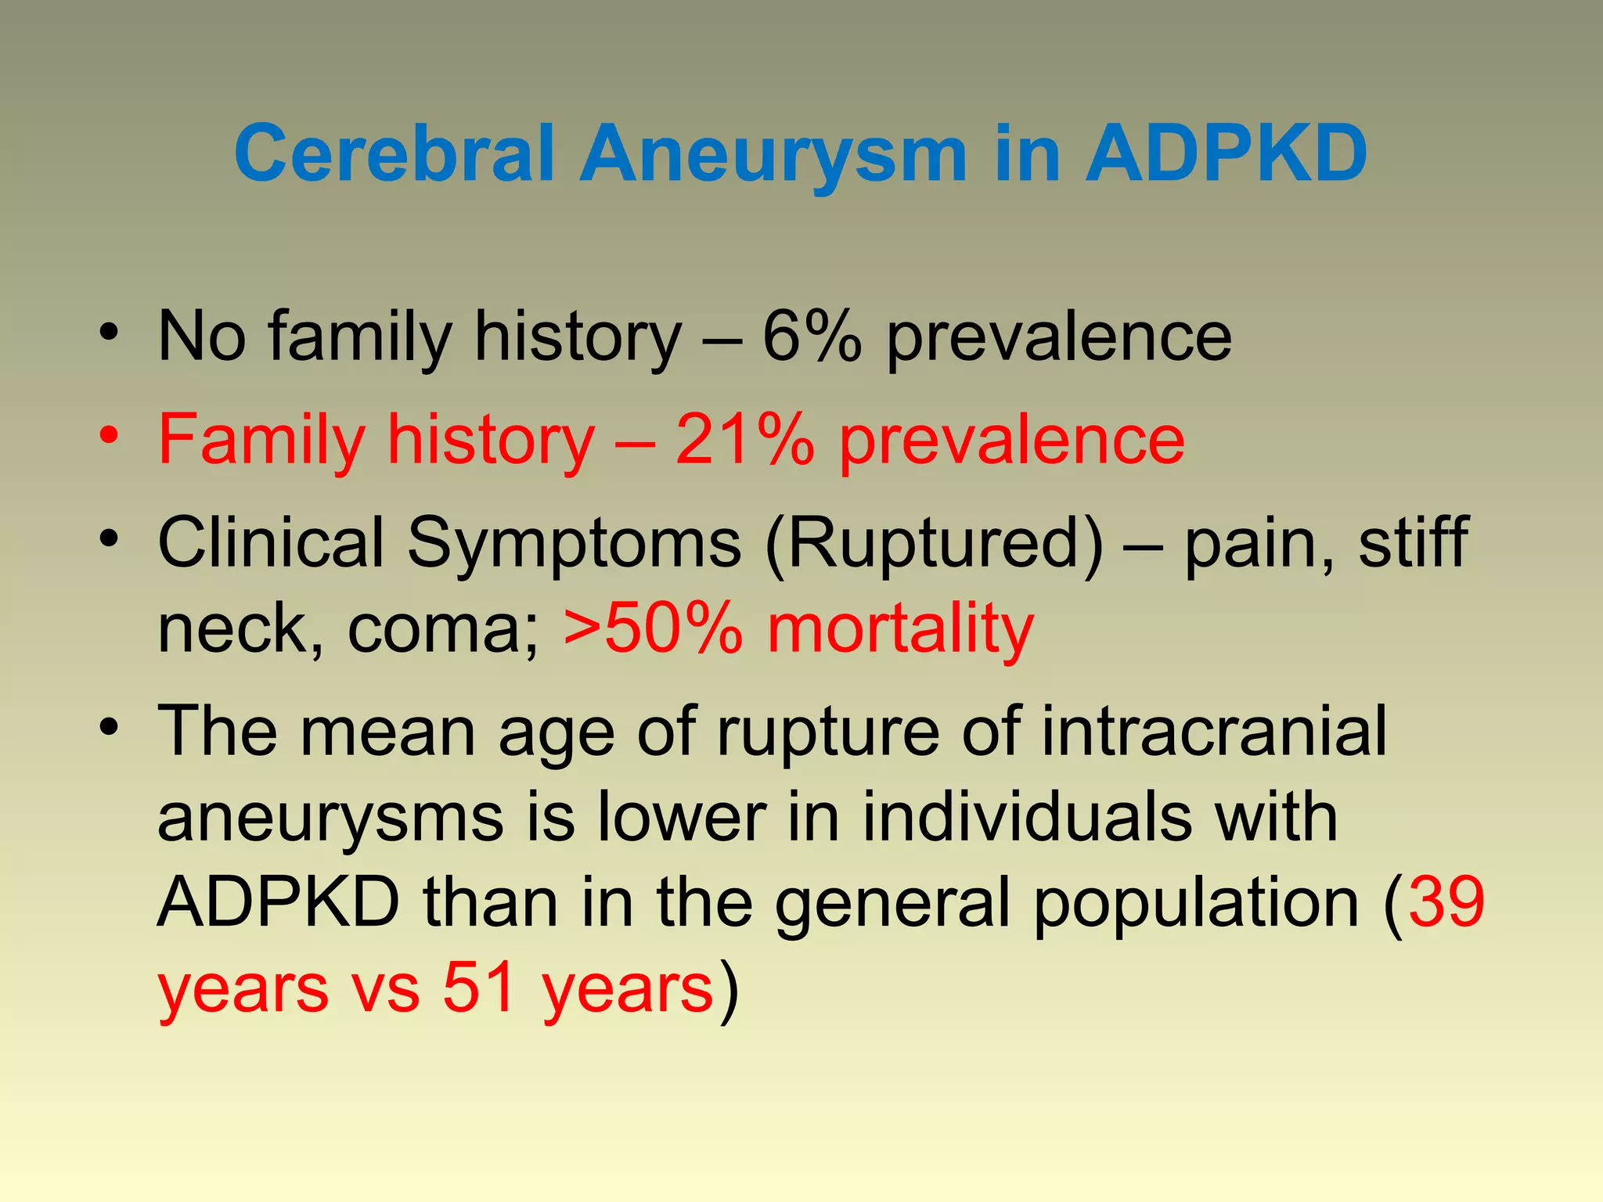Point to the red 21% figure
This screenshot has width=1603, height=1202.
[x=744, y=440]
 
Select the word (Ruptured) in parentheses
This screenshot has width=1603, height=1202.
[x=935, y=543]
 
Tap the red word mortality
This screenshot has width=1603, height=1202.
[x=900, y=630]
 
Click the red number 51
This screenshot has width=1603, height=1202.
[x=479, y=988]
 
